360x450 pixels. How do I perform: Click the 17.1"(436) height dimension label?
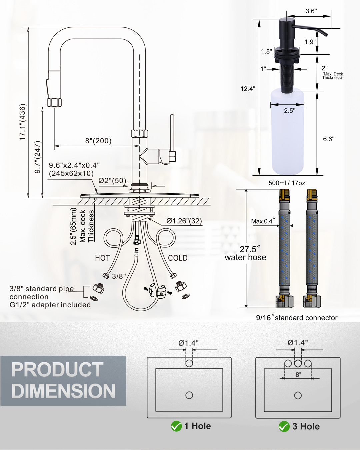[x=22, y=122]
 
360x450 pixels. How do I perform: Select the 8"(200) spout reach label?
[x=98, y=141]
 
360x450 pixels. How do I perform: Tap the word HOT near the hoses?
[x=102, y=258]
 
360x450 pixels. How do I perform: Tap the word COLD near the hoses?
[x=178, y=258]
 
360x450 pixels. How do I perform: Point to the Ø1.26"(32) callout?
[x=184, y=221]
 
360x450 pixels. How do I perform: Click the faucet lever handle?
[x=172, y=133]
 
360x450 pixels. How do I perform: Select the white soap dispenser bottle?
[x=287, y=133]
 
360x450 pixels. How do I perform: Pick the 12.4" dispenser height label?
[x=248, y=89]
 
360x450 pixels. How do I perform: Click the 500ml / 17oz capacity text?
[x=287, y=183]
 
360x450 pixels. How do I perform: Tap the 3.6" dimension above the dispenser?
[x=311, y=11]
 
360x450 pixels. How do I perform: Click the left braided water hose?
[x=284, y=248]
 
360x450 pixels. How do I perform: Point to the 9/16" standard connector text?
[x=296, y=318]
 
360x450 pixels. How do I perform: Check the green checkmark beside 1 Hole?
[x=176, y=426]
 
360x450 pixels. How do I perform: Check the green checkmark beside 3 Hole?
[x=284, y=426]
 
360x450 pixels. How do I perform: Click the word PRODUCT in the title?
[x=57, y=370]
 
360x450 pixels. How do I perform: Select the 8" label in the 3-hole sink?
[x=298, y=374]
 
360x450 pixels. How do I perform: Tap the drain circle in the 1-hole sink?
[x=189, y=395]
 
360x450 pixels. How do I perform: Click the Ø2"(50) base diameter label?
[x=112, y=181]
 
